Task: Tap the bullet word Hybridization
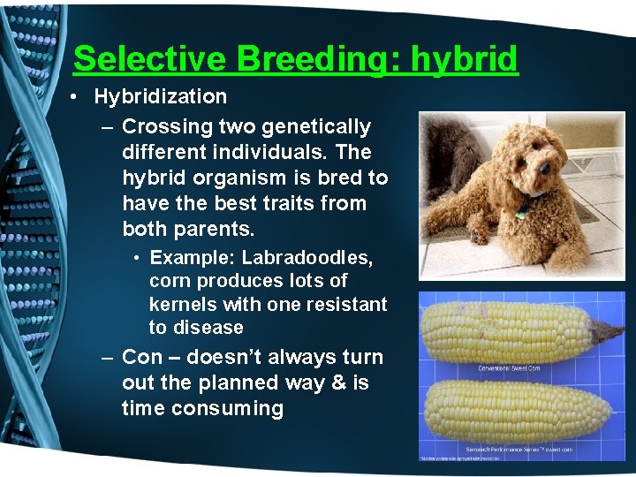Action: (x=161, y=96)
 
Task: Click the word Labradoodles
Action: (x=307, y=258)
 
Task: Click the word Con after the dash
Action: (x=141, y=358)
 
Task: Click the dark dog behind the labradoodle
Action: (x=450, y=150)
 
